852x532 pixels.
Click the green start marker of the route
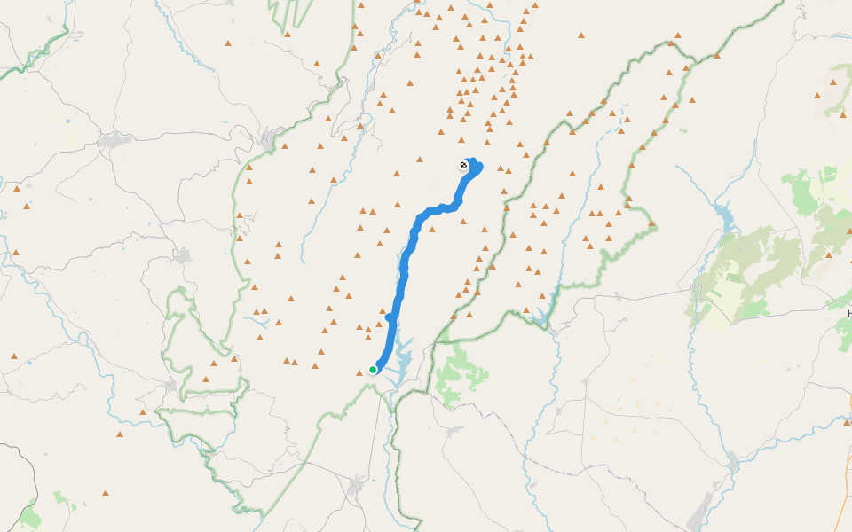[373, 370]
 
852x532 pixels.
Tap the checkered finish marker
[463, 165]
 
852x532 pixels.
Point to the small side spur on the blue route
[390, 316]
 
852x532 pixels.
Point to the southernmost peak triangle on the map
[106, 492]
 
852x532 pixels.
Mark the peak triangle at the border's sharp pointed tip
[652, 223]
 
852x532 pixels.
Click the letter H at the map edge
[849, 314]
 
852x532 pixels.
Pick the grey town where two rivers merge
[733, 461]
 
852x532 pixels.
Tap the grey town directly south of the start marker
[357, 487]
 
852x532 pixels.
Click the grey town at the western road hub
[115, 139]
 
